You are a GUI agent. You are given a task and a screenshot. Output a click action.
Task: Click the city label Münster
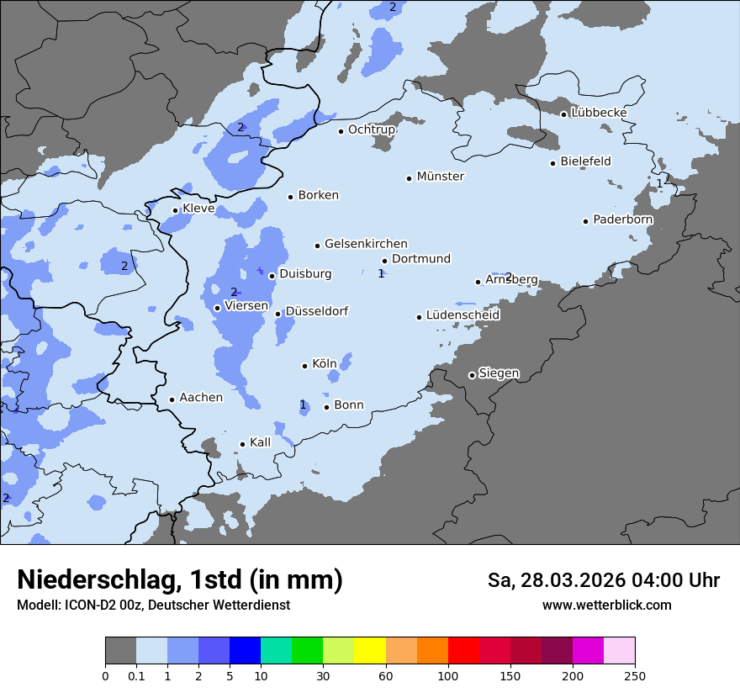pos(440,177)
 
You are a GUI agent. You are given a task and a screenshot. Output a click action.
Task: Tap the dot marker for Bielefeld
pos(553,163)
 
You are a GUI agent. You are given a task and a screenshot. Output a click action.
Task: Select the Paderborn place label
pos(622,219)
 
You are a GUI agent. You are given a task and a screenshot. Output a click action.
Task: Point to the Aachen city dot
pos(172,399)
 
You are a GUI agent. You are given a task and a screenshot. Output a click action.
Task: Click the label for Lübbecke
pos(599,113)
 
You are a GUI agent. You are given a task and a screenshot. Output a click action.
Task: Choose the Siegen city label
pos(499,373)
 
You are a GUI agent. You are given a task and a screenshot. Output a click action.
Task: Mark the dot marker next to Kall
pos(242,444)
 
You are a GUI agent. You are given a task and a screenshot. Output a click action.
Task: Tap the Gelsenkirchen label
pos(366,244)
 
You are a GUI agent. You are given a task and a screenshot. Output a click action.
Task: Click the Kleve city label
pos(198,209)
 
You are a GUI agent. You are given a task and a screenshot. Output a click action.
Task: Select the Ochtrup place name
pos(371,130)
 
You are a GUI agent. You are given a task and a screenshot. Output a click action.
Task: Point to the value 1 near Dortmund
pos(381,273)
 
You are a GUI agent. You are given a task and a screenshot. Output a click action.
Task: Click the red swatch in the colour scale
pos(463,651)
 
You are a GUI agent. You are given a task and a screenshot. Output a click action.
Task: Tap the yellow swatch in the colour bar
pos(370,651)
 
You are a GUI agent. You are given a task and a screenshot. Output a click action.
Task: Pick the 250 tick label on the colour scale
pos(635,675)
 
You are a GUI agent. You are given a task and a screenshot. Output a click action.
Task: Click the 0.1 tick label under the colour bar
pos(136,675)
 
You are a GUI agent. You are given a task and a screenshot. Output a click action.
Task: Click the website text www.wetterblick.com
pos(606,605)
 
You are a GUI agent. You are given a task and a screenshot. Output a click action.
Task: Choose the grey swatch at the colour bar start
pos(120,651)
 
